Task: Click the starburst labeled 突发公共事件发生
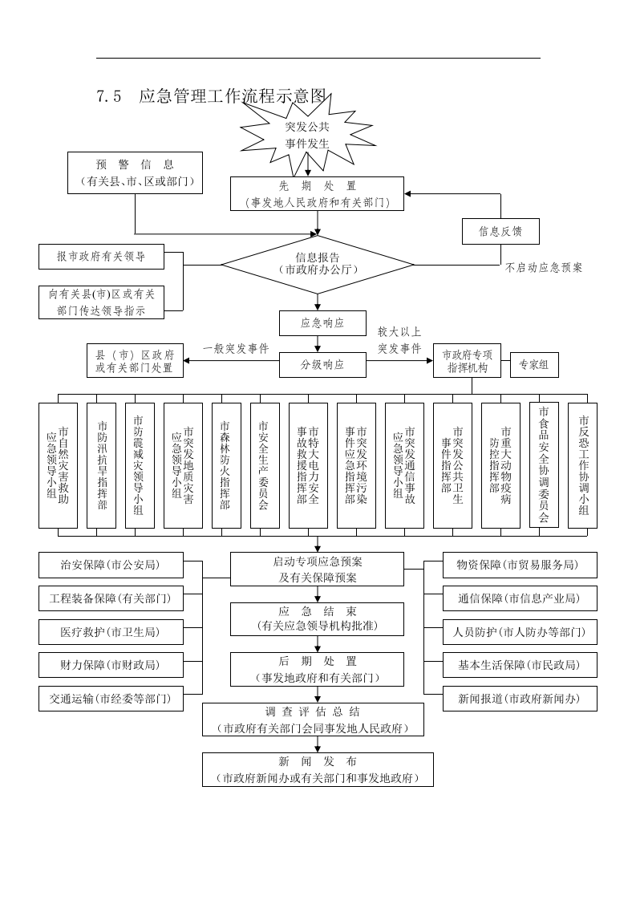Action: (307, 135)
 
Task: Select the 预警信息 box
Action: (135, 173)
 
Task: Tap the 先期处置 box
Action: (318, 194)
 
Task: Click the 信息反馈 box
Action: (500, 231)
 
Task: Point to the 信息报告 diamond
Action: (318, 264)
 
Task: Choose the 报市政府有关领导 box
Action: (101, 257)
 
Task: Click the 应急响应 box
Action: (322, 323)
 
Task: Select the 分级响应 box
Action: (322, 364)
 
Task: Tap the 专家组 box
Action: (534, 365)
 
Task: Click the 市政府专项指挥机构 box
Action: (472, 362)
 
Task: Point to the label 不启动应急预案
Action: (544, 268)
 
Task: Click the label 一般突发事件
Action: (236, 348)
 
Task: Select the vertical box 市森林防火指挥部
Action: (226, 465)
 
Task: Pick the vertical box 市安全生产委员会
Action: (265, 465)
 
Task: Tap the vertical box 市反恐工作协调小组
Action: (582, 465)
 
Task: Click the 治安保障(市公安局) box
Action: (111, 565)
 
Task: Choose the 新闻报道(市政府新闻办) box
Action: (520, 698)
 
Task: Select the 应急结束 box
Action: (318, 618)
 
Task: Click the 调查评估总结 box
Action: (313, 720)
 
